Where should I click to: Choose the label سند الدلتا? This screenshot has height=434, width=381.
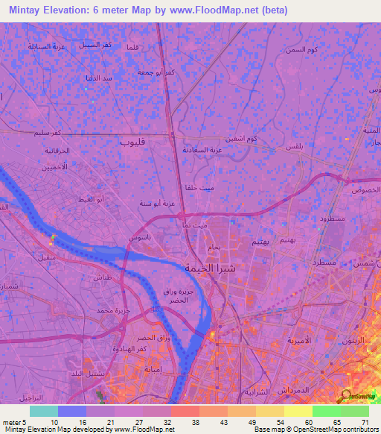pyautogui.click(x=97, y=78)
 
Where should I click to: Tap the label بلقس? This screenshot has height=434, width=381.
pyautogui.click(x=295, y=147)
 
